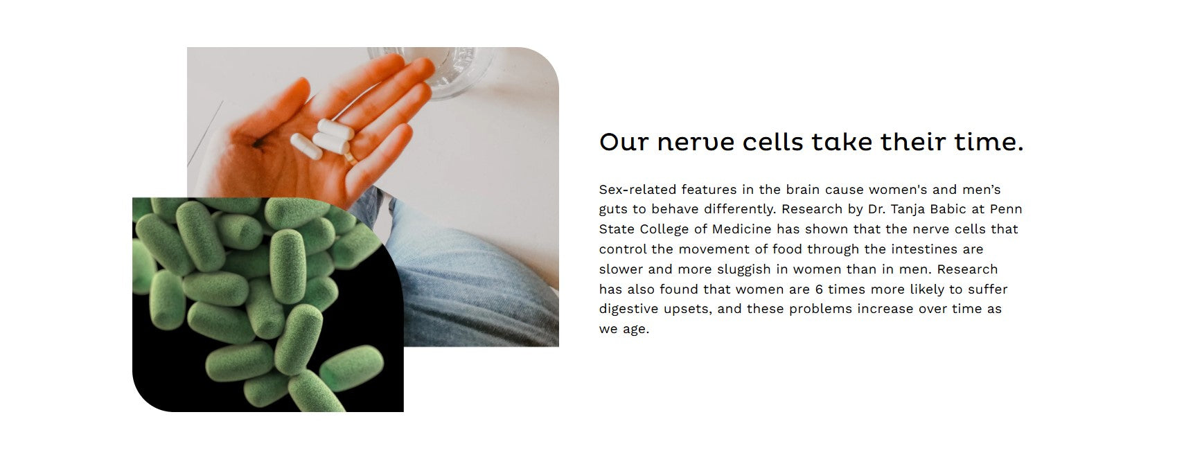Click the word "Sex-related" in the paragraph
pyautogui.click(x=637, y=189)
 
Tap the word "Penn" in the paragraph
pyautogui.click(x=1006, y=208)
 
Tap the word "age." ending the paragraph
pyautogui.click(x=635, y=330)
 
